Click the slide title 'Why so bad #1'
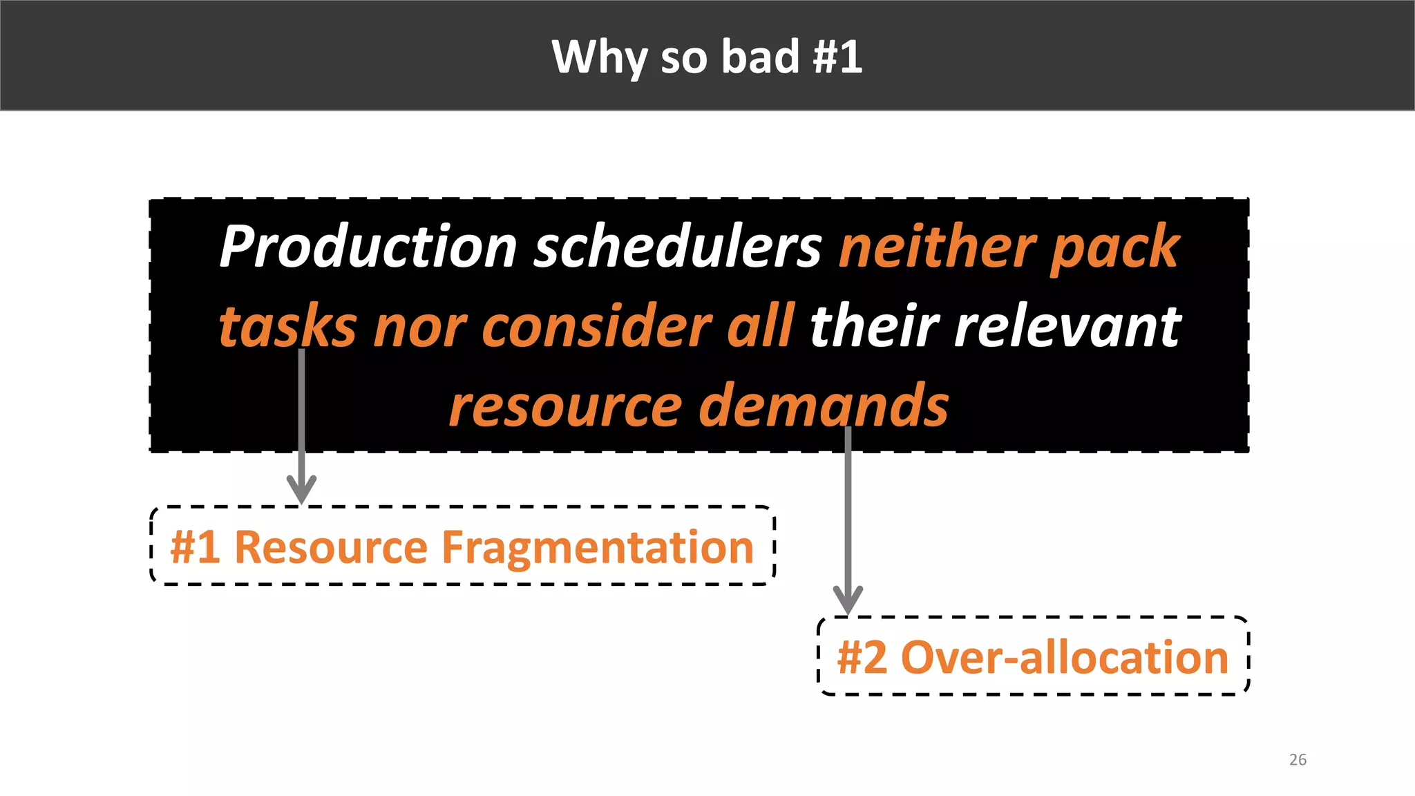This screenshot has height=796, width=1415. coord(707,57)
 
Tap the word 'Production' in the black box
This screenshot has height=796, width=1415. coord(368,247)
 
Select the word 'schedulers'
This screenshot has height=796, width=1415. coord(678,247)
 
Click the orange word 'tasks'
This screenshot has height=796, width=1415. coord(287,327)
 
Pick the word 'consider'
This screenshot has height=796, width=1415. coord(596,326)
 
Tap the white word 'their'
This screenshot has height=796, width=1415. coord(875,326)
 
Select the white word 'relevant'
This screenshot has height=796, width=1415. coord(1067,326)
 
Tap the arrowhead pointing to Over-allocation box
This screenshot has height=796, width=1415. coord(848,599)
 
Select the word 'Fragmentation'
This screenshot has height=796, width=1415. coord(597,548)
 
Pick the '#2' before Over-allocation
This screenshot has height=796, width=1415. coord(862,657)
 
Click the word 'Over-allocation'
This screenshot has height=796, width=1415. coord(1065,657)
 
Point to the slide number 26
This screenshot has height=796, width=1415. coord(1298,759)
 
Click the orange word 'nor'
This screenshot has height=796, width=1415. coord(420,328)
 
